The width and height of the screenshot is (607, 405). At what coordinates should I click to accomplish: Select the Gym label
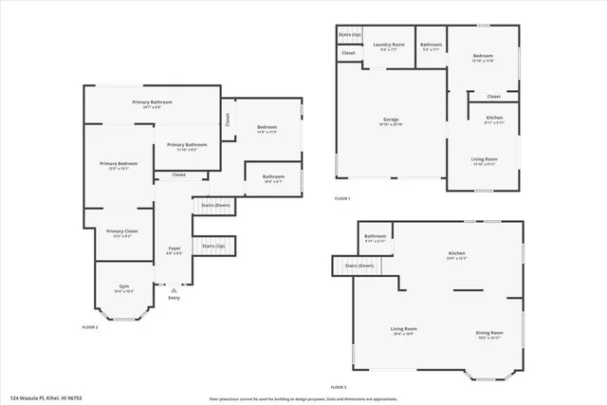[x=123, y=288]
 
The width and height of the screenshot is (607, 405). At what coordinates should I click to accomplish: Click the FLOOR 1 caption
[x=342, y=198]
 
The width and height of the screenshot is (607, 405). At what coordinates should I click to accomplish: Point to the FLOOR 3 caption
[x=339, y=387]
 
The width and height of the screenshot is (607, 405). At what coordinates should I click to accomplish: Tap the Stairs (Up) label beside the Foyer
[x=214, y=246]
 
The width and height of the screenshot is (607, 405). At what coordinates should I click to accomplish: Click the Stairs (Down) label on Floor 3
[x=359, y=266]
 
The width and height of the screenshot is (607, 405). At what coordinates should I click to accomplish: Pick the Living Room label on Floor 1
[x=484, y=161]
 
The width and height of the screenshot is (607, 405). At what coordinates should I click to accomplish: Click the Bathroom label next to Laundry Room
[x=432, y=46]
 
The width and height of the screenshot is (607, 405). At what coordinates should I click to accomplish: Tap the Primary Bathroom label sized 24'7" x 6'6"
[x=153, y=103]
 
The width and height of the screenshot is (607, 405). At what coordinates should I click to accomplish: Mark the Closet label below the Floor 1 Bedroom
[x=493, y=97]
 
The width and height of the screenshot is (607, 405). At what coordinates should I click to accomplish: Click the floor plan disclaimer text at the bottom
[x=303, y=398]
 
